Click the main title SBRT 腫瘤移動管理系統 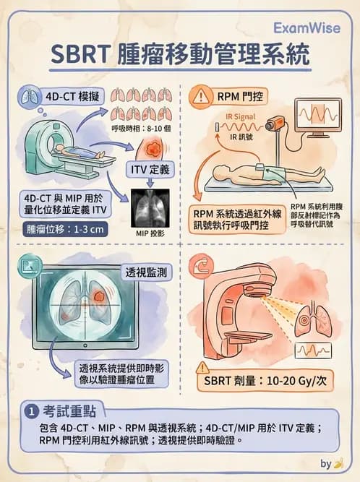click(x=179, y=55)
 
